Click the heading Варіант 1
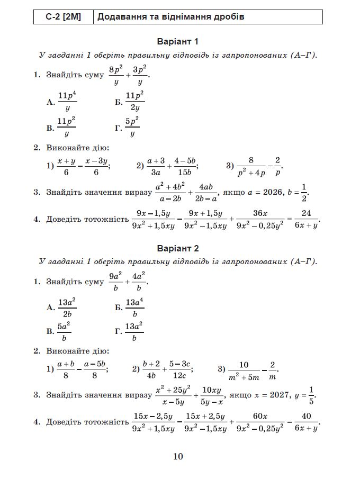click(x=178, y=42)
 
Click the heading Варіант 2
click(x=178, y=248)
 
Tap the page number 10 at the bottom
click(x=178, y=456)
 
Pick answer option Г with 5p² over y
click(x=127, y=128)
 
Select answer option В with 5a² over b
click(x=59, y=332)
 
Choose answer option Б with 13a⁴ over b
click(x=130, y=308)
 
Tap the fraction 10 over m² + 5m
click(x=244, y=369)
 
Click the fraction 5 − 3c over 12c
click(x=179, y=369)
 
